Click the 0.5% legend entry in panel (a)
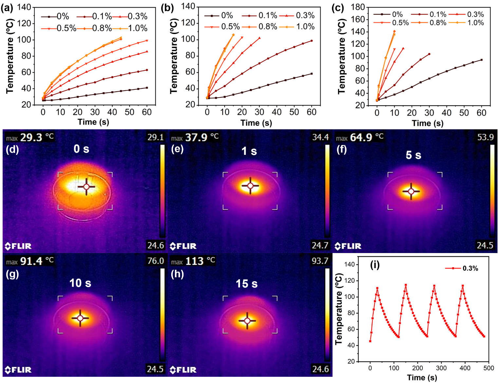coord(59,28)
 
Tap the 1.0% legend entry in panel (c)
coord(467,23)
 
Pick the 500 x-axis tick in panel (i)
coord(488,368)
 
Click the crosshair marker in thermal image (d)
coord(86,187)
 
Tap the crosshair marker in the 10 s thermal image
coord(80,318)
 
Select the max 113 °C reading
coord(193,261)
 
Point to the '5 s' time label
coord(413,155)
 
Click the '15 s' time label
coord(247,283)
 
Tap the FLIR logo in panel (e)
coord(183,246)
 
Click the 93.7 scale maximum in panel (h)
coord(320,261)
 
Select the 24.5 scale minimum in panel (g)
coord(155,369)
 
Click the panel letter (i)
coord(375,265)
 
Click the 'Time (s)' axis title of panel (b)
coord(256,123)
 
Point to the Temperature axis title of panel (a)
coord(10,56)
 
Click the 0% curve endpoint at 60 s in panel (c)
coord(481,60)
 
